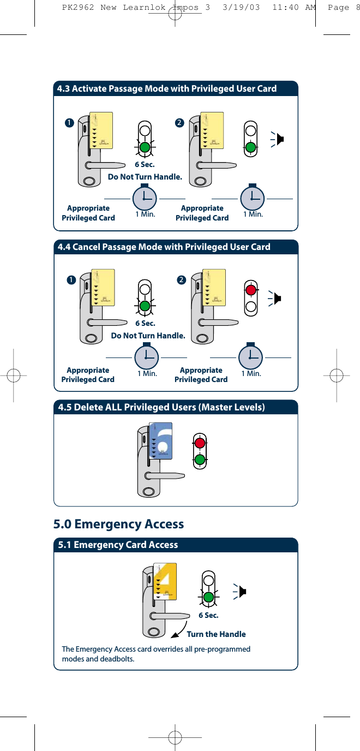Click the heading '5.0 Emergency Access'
(x=118, y=524)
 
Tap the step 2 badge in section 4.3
(x=179, y=122)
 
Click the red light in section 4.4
(x=251, y=289)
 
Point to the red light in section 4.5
(x=200, y=442)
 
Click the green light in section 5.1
(x=208, y=597)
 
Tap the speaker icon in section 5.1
(x=242, y=591)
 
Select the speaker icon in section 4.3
(x=279, y=139)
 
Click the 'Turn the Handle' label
(x=216, y=634)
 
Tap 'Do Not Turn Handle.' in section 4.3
(x=145, y=177)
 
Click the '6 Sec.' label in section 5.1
(x=208, y=615)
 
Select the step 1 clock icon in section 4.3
(x=145, y=199)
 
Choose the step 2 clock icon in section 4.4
(x=250, y=356)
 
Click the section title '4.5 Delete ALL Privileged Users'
(x=161, y=408)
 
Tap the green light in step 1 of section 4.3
(x=145, y=147)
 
